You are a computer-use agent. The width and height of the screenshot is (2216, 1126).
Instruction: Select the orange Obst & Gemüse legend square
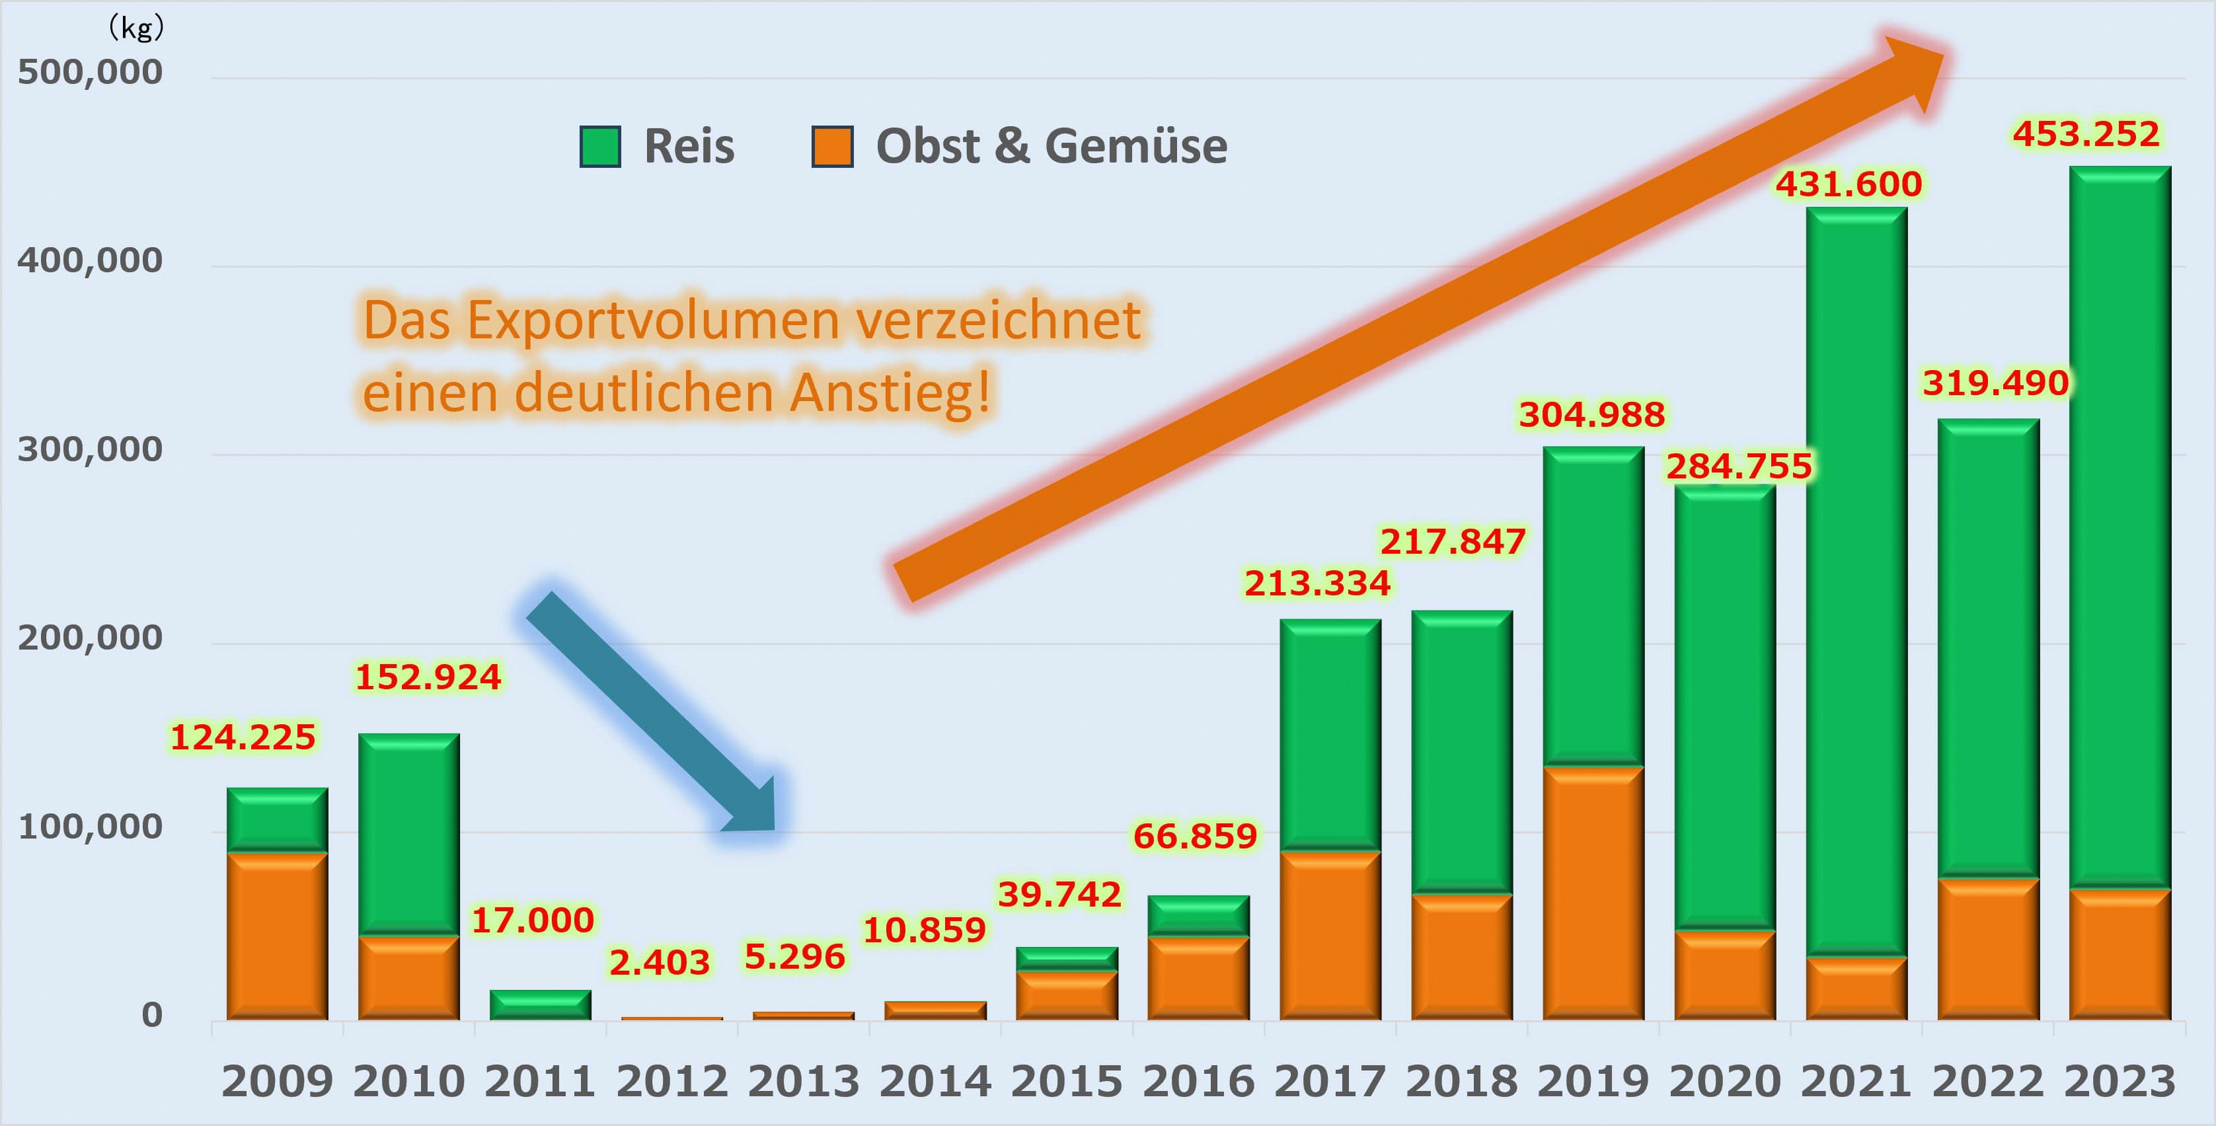(x=832, y=146)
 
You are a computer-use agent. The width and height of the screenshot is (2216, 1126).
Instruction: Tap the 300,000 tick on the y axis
(x=89, y=449)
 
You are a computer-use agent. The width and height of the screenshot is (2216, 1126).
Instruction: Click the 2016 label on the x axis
(x=1198, y=1081)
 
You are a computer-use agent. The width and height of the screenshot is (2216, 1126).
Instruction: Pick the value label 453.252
(x=2085, y=134)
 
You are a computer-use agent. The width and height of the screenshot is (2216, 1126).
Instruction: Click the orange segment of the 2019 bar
(x=1593, y=893)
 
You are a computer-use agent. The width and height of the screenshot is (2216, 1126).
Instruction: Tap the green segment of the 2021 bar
(x=1856, y=581)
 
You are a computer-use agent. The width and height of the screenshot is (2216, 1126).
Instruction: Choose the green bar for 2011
(x=540, y=1004)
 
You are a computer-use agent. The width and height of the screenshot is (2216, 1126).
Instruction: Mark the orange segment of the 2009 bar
(x=277, y=936)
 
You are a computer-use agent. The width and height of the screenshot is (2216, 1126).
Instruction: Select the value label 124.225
(x=243, y=737)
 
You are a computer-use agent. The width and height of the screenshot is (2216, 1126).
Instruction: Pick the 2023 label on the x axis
(x=2119, y=1081)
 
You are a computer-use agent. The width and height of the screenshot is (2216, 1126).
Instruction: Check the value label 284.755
(x=1739, y=467)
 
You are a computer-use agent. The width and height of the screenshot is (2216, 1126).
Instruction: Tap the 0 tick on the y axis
(x=152, y=1015)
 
